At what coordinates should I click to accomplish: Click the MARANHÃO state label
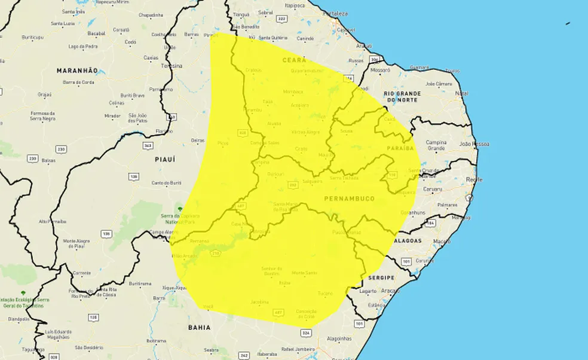click(x=77, y=71)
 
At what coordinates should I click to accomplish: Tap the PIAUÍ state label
click(x=164, y=159)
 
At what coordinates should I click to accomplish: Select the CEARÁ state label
click(x=295, y=60)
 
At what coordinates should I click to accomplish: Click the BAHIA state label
click(x=199, y=327)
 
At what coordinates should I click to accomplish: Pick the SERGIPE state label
click(x=381, y=277)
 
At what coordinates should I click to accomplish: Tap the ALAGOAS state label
click(x=408, y=240)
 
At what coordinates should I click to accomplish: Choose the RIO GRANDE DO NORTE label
click(x=402, y=97)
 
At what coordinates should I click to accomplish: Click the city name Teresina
click(x=171, y=66)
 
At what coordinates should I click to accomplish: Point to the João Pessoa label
click(x=474, y=144)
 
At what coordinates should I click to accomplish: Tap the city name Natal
click(x=461, y=93)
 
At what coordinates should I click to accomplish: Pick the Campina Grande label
click(x=436, y=145)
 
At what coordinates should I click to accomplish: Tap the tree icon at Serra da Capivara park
click(x=177, y=208)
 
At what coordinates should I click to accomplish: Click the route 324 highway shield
click(x=307, y=332)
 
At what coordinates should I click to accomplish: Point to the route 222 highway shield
click(x=281, y=19)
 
